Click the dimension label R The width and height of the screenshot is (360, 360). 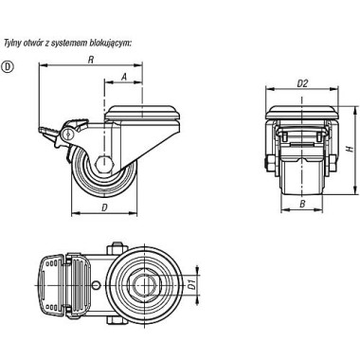(91, 60)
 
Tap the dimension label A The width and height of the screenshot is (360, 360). (124, 77)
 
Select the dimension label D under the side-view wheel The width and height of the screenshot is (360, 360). (104, 207)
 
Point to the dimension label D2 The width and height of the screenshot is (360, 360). (302, 83)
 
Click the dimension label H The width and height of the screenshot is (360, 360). (350, 149)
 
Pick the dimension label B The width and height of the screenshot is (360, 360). (302, 204)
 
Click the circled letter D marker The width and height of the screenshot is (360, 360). (8, 66)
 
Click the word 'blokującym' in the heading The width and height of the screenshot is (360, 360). (111, 44)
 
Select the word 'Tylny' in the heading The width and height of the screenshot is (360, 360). (12, 44)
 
